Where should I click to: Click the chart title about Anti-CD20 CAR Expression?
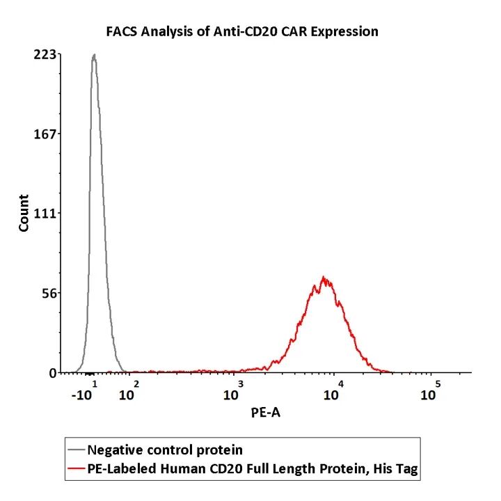[x=242, y=31]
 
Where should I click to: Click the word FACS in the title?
[x=122, y=31]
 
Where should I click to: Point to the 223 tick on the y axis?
[x=45, y=55]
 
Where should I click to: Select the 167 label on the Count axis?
[x=45, y=134]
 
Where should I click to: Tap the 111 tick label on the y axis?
[x=45, y=214]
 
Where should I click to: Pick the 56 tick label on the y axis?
[x=49, y=293]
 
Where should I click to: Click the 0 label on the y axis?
[x=53, y=373]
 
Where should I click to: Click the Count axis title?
[x=24, y=213]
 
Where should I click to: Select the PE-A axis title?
[x=266, y=413]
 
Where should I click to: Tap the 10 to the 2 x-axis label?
[x=129, y=392]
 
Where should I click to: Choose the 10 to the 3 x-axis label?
[x=234, y=392]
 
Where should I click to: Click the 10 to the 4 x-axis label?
[x=334, y=392]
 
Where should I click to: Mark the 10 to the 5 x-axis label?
[x=431, y=392]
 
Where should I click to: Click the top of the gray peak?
[x=94, y=54]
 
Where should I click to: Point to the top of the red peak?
[x=324, y=277]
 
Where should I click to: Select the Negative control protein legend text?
[x=165, y=450]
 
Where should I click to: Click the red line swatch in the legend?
[x=77, y=468]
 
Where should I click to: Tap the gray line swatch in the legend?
[x=77, y=450]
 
